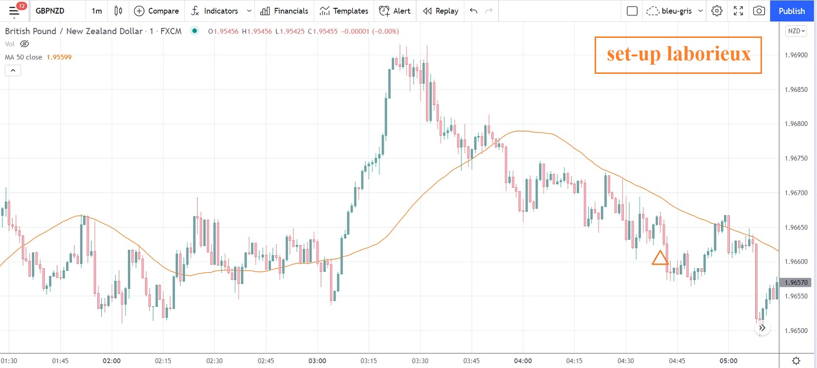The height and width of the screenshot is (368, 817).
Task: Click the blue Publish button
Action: pyautogui.click(x=791, y=11)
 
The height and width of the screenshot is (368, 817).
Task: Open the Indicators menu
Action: pyautogui.click(x=215, y=11)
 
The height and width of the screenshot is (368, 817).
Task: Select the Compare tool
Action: pyautogui.click(x=156, y=11)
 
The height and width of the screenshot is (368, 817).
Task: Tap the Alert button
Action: pyautogui.click(x=395, y=11)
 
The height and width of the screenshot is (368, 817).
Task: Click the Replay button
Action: pyautogui.click(x=441, y=11)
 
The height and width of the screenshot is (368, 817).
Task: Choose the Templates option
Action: pyautogui.click(x=344, y=11)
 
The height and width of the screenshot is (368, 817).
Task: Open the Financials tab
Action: pyautogui.click(x=284, y=11)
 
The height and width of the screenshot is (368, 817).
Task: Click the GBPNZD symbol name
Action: pyautogui.click(x=50, y=11)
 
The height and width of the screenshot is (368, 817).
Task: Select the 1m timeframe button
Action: pyautogui.click(x=97, y=11)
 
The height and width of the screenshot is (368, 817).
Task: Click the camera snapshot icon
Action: pyautogui.click(x=759, y=11)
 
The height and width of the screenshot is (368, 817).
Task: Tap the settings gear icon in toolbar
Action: pyautogui.click(x=717, y=11)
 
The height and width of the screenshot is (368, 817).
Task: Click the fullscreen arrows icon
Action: pyautogui.click(x=738, y=11)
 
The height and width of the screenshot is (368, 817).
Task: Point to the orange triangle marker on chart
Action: pyautogui.click(x=660, y=258)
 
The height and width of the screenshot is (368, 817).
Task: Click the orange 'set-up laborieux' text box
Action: pyautogui.click(x=678, y=55)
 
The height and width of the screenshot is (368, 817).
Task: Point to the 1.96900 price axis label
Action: pyautogui.click(x=796, y=55)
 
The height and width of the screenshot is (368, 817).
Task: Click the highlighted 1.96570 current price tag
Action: pyautogui.click(x=796, y=282)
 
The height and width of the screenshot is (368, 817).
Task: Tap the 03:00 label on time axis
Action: pyautogui.click(x=317, y=361)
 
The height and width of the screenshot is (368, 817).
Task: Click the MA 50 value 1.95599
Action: pyautogui.click(x=59, y=57)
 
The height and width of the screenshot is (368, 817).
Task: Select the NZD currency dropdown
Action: pyautogui.click(x=796, y=31)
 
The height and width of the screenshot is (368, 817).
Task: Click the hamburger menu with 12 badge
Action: pyautogui.click(x=14, y=11)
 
